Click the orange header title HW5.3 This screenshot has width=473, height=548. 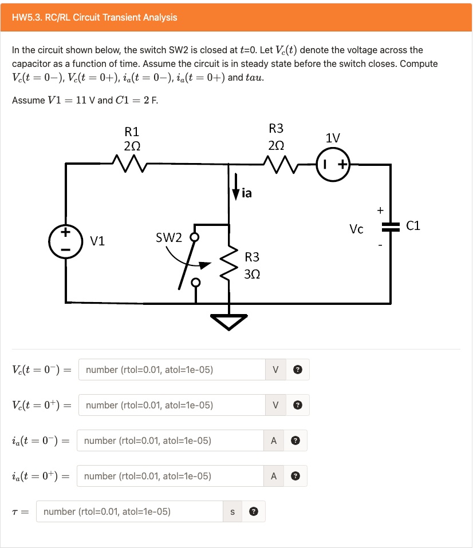pyautogui.click(x=95, y=17)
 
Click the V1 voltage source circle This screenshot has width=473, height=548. pyautogui.click(x=66, y=240)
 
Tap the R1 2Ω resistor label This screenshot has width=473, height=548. pyautogui.click(x=131, y=138)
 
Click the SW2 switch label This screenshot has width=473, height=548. pyautogui.click(x=169, y=237)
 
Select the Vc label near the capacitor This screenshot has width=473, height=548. pyautogui.click(x=356, y=229)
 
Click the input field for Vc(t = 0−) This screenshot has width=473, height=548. pyautogui.click(x=172, y=370)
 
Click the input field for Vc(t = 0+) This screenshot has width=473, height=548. pyautogui.click(x=172, y=405)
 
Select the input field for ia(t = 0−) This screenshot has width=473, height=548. pyautogui.click(x=170, y=440)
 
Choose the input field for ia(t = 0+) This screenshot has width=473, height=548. pyautogui.click(x=170, y=476)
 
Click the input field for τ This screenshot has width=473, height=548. pyautogui.click(x=130, y=511)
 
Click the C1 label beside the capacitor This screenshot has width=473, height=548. pyautogui.click(x=413, y=225)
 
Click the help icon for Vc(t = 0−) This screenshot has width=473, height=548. pyautogui.click(x=298, y=370)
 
